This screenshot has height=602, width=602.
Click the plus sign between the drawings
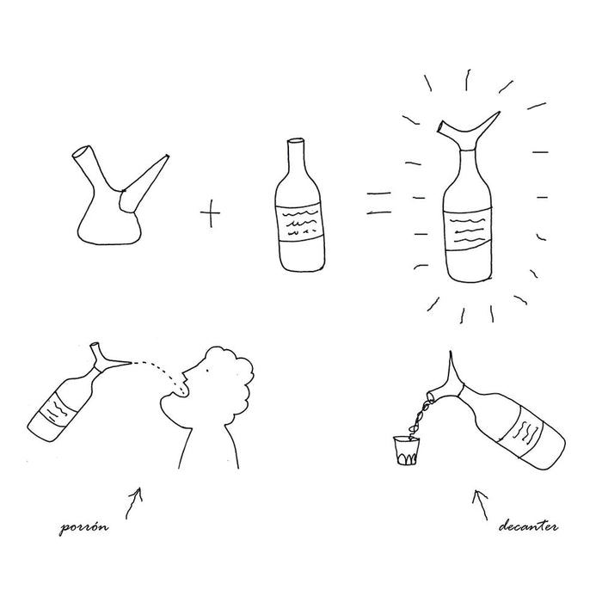coord(210,212)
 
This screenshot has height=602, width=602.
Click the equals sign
coord(379,204)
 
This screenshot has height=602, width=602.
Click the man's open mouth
coord(179,391)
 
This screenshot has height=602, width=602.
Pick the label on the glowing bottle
coord(470,227)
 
